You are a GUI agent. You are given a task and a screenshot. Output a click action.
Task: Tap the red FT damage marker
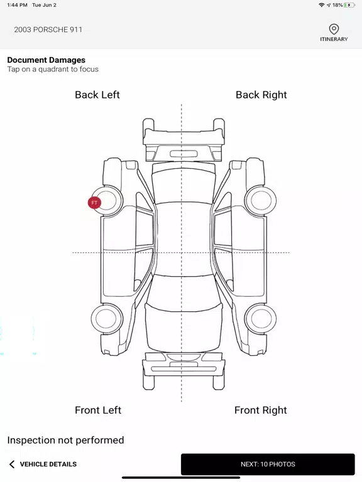coord(94,203)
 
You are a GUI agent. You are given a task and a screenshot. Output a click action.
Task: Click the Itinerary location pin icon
coord(334,29)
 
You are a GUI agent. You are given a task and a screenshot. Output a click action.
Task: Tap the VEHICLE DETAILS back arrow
coord(12,464)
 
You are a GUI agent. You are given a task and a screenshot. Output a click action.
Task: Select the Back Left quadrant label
coord(97,95)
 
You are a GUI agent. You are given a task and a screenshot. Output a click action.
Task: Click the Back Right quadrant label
coord(261,95)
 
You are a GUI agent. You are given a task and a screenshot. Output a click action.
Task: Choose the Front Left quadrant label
coord(98,410)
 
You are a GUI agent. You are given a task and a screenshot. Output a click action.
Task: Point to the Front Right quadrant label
coord(260,410)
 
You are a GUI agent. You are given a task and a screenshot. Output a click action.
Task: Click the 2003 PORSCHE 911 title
coord(48,29)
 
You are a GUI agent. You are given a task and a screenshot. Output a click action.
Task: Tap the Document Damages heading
coord(46,60)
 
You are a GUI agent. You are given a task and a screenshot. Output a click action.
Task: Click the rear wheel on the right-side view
coord(260,200)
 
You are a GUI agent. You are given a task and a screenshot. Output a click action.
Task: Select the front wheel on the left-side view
coord(106,319)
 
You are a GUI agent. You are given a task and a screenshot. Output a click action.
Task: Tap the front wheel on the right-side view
coord(260,319)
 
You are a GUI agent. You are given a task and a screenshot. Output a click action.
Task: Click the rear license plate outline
coord(184,154)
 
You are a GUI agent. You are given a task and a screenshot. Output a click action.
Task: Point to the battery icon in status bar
coord(349,5)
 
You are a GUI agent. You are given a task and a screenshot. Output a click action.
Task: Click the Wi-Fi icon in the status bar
coord(321,5)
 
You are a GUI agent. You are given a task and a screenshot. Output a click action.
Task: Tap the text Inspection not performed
coord(65,440)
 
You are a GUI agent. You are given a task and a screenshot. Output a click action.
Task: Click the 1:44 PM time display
coord(17,5)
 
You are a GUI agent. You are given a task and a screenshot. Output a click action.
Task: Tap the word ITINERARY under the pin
coord(334,39)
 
